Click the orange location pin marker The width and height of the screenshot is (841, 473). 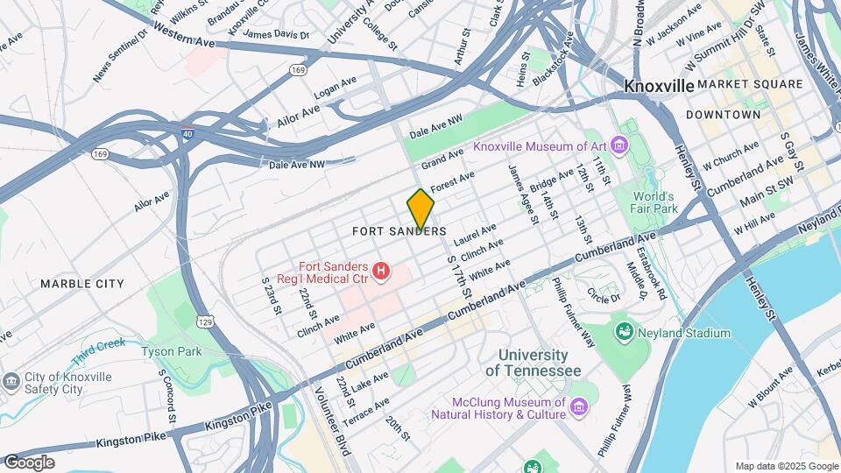click(420, 208)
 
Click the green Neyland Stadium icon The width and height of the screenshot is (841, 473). click(625, 332)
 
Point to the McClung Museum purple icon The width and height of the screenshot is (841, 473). click(578, 407)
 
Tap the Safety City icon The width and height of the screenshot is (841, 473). click(11, 383)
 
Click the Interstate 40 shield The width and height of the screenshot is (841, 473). click(188, 135)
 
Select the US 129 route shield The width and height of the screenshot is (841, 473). click(204, 322)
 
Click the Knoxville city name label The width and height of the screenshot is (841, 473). click(659, 86)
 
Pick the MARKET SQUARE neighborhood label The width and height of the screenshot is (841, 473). click(750, 84)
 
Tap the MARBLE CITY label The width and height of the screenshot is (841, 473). click(82, 284)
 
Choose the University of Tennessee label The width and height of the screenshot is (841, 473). click(533, 363)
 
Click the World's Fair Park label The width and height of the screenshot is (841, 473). click(655, 202)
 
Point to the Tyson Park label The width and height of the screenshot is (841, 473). click(171, 351)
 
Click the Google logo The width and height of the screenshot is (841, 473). click(29, 462)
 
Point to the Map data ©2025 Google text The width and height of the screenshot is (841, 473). click(786, 466)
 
